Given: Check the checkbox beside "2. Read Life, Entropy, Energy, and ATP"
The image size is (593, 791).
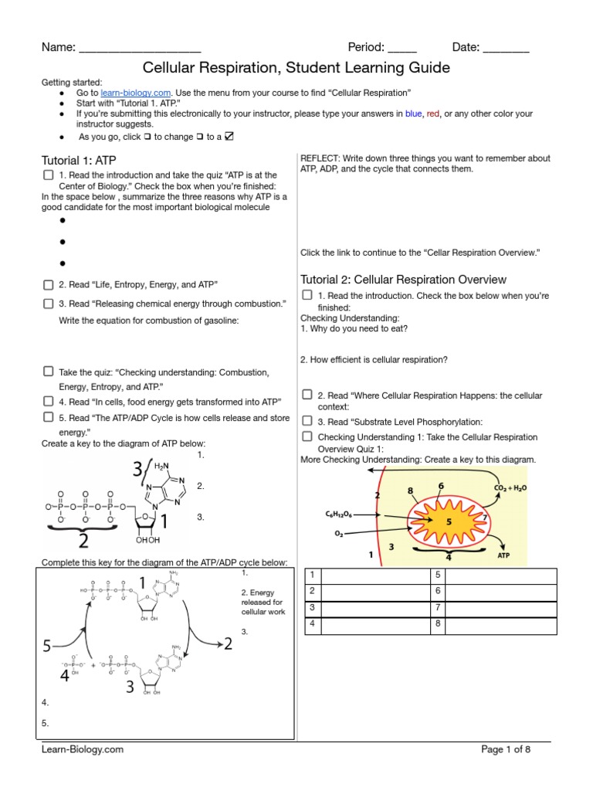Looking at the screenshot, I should coord(48,284).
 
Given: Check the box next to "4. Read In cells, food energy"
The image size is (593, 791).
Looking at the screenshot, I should coord(48,402).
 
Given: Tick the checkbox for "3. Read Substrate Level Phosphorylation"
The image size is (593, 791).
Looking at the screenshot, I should coord(307,421).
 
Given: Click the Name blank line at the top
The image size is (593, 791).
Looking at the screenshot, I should coord(140,48).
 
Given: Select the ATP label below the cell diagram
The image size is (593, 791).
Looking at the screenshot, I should coord(503,554).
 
